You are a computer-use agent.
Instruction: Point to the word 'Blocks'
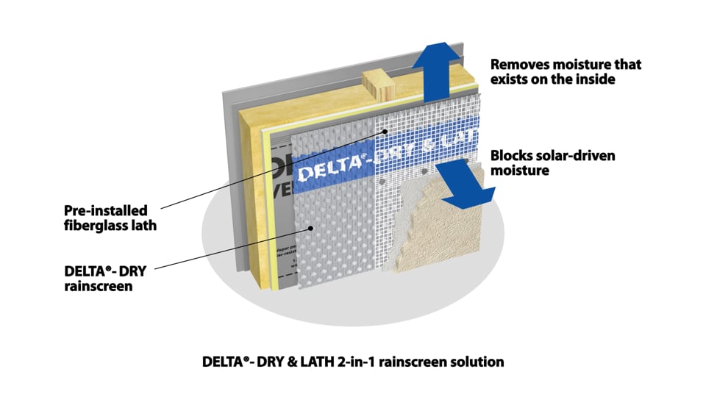tap(512, 156)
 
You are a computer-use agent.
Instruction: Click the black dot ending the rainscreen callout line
tap(312, 228)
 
